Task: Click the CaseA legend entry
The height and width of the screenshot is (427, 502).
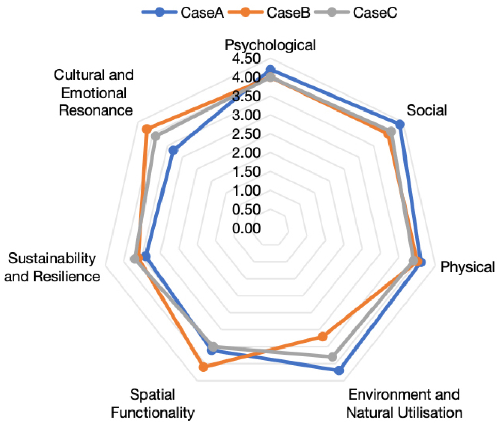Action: [183, 12]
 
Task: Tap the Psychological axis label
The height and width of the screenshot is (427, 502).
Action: [270, 45]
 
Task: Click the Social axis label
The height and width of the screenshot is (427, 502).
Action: [427, 110]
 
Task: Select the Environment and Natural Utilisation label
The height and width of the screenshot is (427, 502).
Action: [404, 404]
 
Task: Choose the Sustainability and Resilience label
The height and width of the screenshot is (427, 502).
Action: [55, 267]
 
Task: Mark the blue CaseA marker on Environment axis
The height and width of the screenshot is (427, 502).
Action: [338, 370]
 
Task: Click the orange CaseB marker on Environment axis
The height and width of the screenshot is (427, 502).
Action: [322, 337]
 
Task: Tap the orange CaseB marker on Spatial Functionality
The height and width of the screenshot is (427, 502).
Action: [204, 367]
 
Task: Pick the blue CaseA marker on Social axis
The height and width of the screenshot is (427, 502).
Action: [399, 124]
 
